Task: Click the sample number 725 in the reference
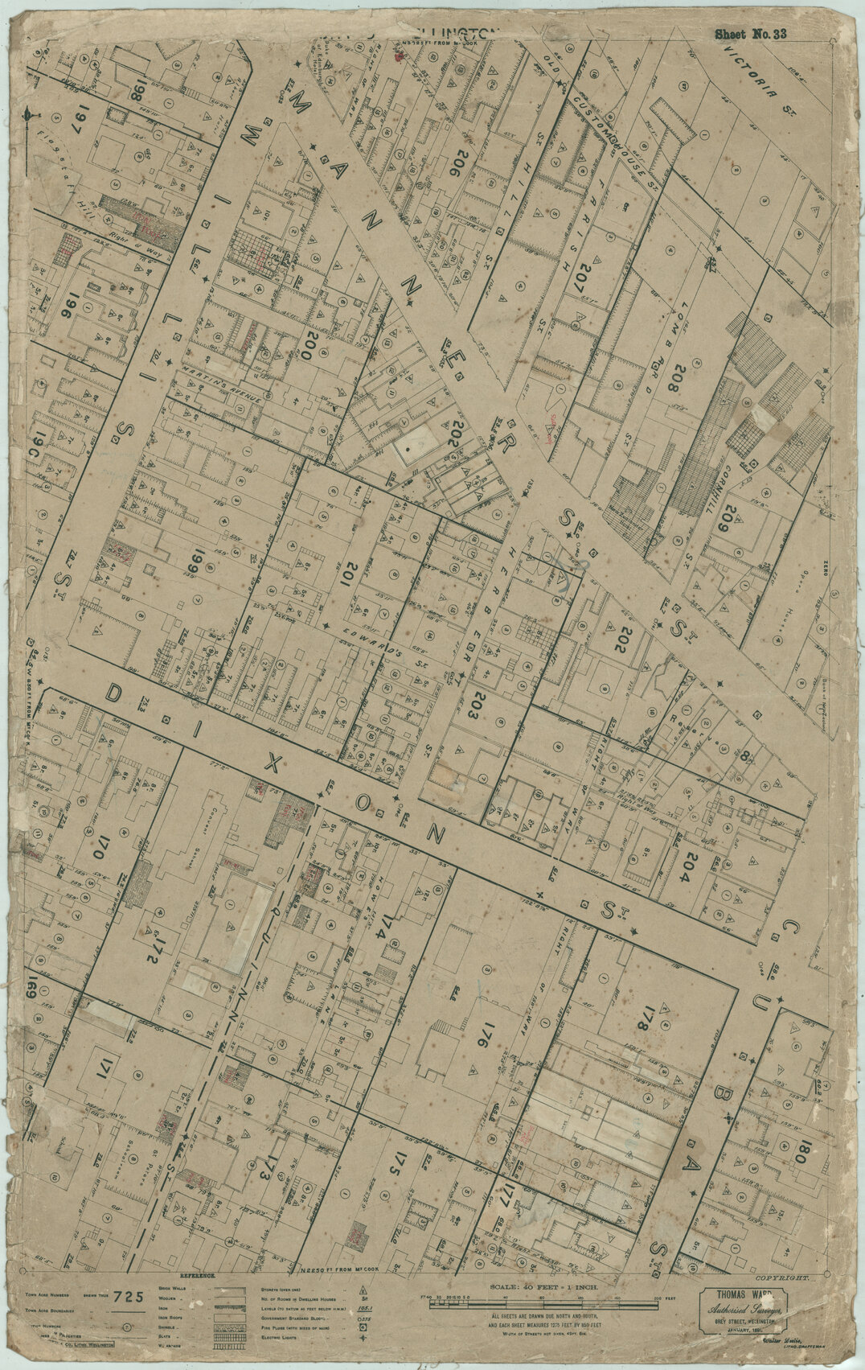pyautogui.click(x=129, y=1319)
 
